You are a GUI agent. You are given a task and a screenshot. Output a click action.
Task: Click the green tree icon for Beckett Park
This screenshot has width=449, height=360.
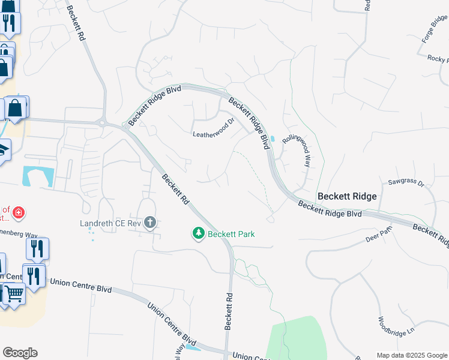click(x=199, y=233)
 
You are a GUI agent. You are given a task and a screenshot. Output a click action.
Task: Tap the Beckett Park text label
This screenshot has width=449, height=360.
click(x=231, y=233)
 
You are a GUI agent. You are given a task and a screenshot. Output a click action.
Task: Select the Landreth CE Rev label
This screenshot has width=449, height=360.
click(x=110, y=223)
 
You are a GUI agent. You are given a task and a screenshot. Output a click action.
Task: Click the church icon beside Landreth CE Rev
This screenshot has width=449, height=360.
click(x=150, y=223)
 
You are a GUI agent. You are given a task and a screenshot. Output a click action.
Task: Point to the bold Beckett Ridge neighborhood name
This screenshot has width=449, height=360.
click(x=347, y=196)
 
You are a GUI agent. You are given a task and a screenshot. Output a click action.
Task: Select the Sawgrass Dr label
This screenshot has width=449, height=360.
click(x=406, y=181)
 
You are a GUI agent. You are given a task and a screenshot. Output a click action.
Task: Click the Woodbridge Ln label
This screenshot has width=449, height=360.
click(x=397, y=326)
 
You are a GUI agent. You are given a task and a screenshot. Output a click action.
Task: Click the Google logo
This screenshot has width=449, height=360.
click(x=20, y=353)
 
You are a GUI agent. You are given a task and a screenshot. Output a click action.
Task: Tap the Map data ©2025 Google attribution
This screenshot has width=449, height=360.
click(x=412, y=355)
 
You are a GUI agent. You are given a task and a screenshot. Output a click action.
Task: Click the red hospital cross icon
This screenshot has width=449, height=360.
click(x=19, y=213)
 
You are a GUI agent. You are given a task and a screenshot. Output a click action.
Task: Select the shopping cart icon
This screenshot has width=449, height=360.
click(x=14, y=293)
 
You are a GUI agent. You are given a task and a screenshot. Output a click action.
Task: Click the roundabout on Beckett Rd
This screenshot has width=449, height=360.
click(x=104, y=122)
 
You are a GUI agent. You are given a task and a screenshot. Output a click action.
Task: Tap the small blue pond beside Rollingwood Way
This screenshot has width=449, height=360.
click(x=273, y=139)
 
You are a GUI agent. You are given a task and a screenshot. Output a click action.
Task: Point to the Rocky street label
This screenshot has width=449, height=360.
click(x=437, y=59)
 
